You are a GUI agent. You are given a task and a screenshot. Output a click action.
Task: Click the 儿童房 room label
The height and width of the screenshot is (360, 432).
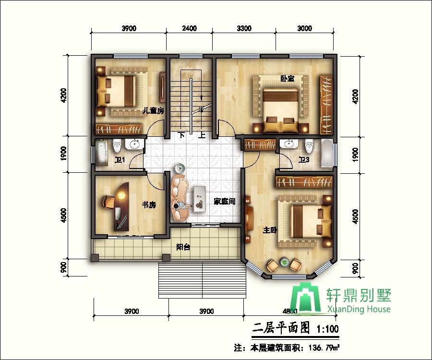click(x=154, y=111)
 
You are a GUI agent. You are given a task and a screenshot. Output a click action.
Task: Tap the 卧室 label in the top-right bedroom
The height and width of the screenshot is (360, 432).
click(x=288, y=79)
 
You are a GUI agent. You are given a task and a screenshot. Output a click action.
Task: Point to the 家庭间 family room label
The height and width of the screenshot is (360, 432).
click(x=225, y=202)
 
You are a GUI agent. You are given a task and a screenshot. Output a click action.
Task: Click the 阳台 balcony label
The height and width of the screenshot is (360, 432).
click(x=183, y=247)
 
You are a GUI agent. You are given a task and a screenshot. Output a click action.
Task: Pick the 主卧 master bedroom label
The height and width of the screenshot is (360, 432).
click(x=270, y=230)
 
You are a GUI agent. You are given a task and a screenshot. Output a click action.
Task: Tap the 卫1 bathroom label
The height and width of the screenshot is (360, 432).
click(x=120, y=160)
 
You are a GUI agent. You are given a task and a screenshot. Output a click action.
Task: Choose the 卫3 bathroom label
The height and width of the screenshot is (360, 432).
click(x=303, y=160)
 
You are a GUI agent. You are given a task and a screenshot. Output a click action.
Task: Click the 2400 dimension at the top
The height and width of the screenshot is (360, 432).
click(x=190, y=28)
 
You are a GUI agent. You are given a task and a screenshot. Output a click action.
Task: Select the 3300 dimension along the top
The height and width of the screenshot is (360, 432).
click(x=244, y=28)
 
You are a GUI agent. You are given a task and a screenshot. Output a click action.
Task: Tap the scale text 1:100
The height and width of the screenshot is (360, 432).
click(x=328, y=330)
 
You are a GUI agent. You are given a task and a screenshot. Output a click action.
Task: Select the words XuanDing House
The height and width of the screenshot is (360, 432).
click(x=359, y=309)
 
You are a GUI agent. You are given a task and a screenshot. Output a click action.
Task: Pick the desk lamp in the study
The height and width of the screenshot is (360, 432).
click(x=122, y=195)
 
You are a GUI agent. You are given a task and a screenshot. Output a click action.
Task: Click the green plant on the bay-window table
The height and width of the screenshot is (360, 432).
click(x=285, y=262)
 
